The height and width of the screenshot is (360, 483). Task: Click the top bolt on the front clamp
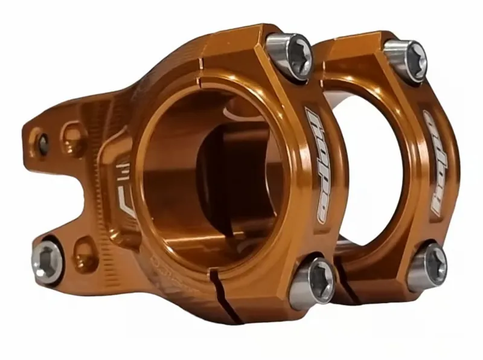pos(289,56)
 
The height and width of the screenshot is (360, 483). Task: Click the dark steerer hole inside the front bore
pos(229,175)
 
